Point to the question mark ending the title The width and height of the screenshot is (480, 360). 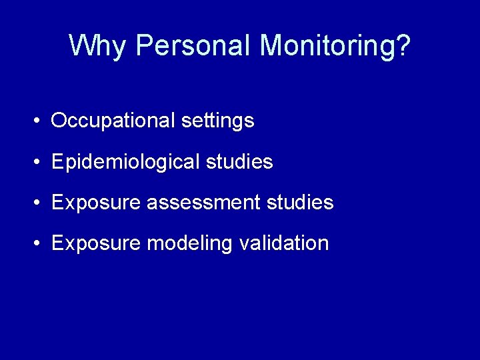(404, 46)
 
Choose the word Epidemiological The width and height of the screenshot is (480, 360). (125, 162)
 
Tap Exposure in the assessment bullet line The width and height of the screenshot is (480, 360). (96, 203)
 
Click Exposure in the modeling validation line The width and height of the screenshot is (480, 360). (96, 243)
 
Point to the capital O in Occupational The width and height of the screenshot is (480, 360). (59, 121)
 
